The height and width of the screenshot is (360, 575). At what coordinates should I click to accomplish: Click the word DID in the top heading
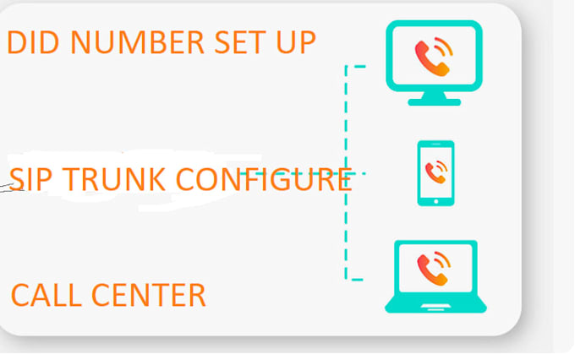33,42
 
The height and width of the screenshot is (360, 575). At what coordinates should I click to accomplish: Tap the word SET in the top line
240,42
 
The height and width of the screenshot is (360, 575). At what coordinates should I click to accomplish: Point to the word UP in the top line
296,42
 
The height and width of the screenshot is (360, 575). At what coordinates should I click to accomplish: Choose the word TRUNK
113,179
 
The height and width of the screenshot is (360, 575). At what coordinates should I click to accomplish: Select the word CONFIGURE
264,179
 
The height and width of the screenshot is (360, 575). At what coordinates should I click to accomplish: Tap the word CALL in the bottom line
47,295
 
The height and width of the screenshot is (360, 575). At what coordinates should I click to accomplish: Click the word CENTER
149,295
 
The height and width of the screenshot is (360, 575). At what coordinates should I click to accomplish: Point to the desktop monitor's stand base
434,102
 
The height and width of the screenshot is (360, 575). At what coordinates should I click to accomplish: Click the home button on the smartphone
436,201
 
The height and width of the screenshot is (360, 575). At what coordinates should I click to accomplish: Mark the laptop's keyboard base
435,303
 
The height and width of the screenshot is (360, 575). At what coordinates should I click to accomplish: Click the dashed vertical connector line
346,172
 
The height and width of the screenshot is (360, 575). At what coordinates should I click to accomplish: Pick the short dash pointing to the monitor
359,67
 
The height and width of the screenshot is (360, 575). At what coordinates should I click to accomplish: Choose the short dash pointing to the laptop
357,280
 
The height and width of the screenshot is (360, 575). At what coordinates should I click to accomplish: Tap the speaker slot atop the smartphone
436,144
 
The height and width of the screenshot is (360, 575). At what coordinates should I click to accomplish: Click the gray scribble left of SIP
12,188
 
